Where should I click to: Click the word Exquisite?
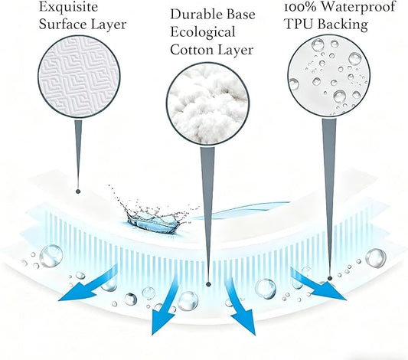point(68,8)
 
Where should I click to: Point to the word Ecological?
point(203,32)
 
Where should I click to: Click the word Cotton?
point(192,50)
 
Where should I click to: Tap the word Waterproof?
point(357,8)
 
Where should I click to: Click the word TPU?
point(299,25)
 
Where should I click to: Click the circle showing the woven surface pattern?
point(79,77)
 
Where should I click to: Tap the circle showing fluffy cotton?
point(207,104)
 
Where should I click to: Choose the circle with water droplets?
point(329,76)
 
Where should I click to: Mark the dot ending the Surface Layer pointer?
point(78,191)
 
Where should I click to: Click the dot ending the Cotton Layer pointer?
point(208,284)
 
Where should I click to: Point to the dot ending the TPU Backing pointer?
point(330,279)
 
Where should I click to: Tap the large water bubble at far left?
point(51,256)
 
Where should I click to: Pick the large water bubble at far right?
point(376,257)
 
